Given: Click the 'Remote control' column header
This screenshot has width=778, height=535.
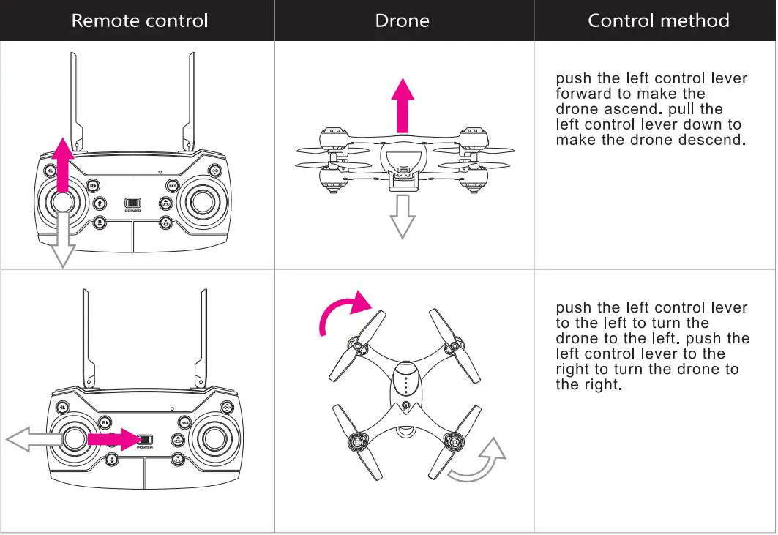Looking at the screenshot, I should tap(139, 20).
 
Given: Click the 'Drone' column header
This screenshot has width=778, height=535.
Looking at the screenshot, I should tap(402, 20).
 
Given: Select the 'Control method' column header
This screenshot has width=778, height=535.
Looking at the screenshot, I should tap(658, 20).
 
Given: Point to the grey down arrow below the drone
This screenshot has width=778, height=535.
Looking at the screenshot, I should tap(402, 216).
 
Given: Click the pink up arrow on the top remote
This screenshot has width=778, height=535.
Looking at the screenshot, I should tap(63, 165).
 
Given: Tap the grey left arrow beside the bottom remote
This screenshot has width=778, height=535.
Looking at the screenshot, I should tap(33, 438).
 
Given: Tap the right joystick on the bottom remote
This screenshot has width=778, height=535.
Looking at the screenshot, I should tap(214, 438).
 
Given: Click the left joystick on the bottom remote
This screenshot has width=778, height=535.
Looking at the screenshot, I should tap(74, 438).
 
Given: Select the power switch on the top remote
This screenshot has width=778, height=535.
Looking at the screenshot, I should tap(132, 203).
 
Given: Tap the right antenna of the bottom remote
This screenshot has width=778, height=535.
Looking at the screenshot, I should tap(202, 337).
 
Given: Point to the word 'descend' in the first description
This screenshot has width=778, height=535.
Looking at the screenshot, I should tap(708, 141).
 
